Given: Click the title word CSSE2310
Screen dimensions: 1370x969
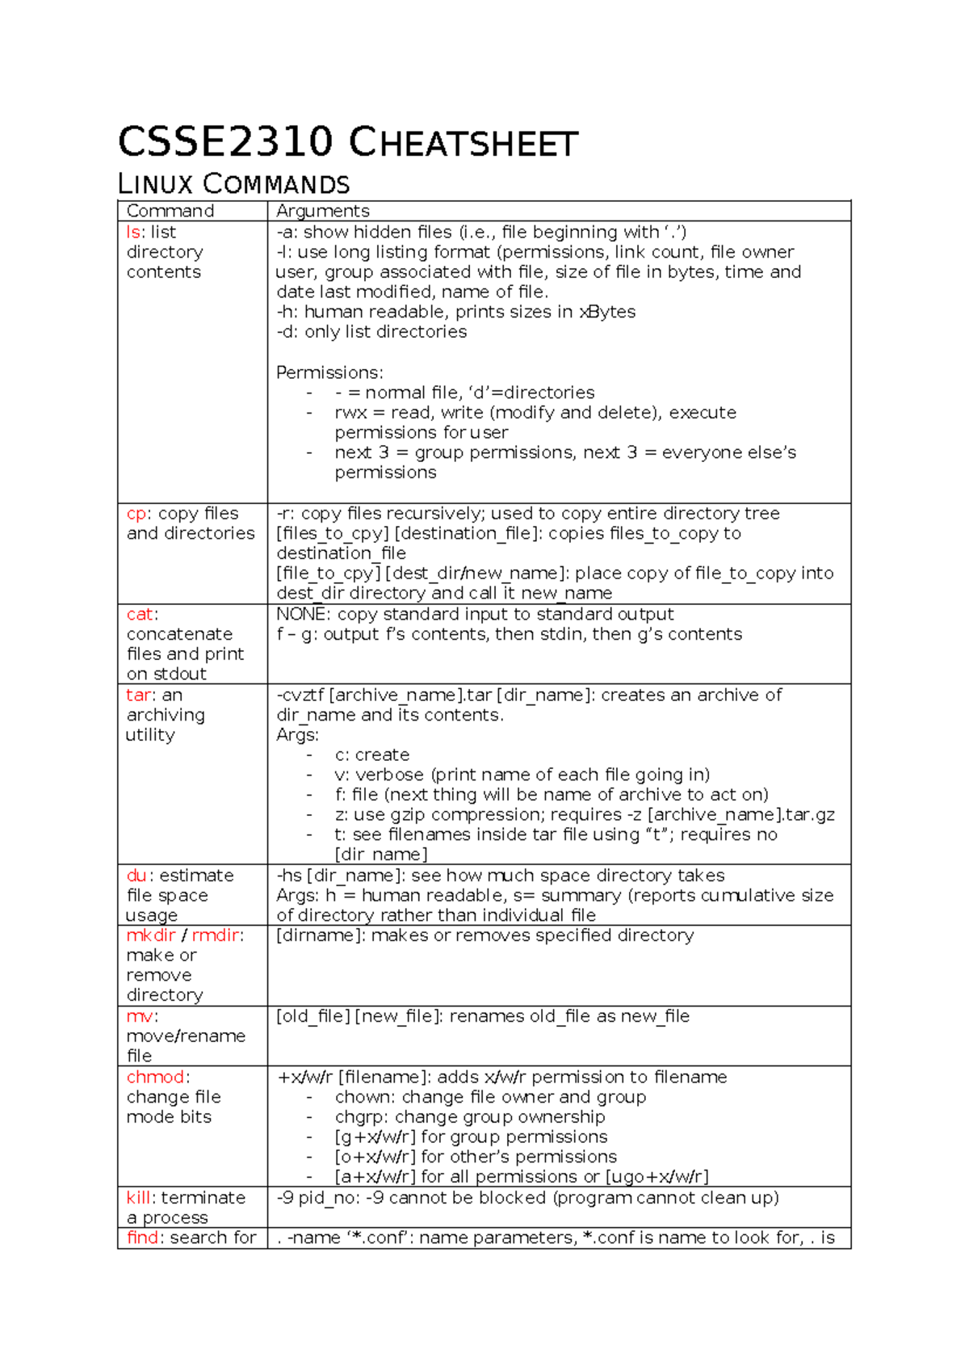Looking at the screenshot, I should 225,142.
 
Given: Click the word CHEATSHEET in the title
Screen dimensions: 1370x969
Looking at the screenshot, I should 464,144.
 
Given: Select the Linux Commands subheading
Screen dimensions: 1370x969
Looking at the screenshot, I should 233,184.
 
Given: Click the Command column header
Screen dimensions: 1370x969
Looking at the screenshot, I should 170,211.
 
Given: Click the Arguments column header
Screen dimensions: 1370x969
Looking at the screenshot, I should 322,211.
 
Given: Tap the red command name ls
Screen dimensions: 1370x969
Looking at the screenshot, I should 133,232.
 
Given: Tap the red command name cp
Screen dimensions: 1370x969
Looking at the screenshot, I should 136,514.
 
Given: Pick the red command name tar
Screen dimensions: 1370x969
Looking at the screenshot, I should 138,695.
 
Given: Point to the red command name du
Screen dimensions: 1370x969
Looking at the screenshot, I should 136,876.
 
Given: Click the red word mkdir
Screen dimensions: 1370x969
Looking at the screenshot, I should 150,935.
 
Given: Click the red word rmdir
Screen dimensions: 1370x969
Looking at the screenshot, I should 216,935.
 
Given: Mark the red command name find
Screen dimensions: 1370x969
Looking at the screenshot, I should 143,1238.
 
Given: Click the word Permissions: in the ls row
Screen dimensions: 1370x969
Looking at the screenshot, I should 329,372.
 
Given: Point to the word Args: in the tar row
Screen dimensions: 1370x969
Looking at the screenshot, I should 297,735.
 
